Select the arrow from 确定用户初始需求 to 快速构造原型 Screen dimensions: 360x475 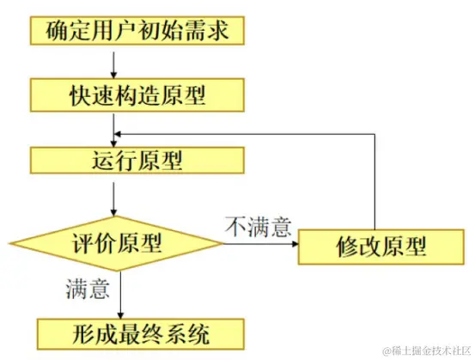[113, 63]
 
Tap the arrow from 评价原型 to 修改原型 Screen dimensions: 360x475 [258, 243]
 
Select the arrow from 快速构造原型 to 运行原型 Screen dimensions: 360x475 [113, 127]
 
